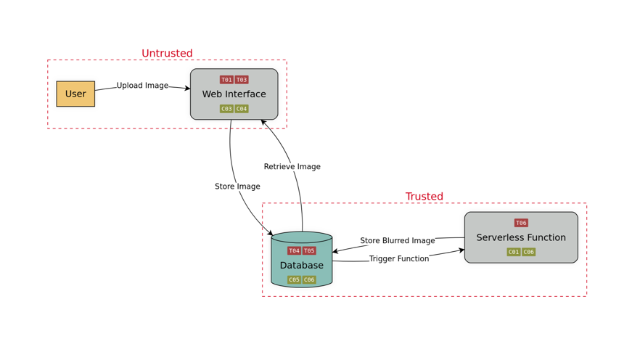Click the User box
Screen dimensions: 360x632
pos(75,94)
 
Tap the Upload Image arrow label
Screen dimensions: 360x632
pos(142,86)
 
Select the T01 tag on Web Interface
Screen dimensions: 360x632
pos(226,80)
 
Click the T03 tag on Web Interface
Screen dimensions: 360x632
pos(242,80)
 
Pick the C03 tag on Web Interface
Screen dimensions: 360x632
pos(226,109)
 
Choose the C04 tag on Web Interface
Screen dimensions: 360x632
pos(242,109)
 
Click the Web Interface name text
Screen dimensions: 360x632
pos(234,94)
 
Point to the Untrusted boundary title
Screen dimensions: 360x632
pos(167,53)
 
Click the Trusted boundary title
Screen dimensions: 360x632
pos(424,197)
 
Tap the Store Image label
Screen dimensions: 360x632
pos(237,187)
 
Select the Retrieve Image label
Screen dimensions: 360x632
pos(292,167)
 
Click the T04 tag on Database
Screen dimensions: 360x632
pos(294,251)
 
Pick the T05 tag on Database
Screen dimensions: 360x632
pos(309,251)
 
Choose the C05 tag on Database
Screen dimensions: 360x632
pos(294,280)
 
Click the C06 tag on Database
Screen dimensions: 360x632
pos(309,280)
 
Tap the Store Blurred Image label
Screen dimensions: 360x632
pos(398,241)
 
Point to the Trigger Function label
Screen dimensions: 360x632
pos(399,259)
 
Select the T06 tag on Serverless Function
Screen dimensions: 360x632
pos(521,223)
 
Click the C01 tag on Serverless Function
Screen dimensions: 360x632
pos(514,252)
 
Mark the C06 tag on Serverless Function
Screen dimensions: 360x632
pos(529,252)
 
